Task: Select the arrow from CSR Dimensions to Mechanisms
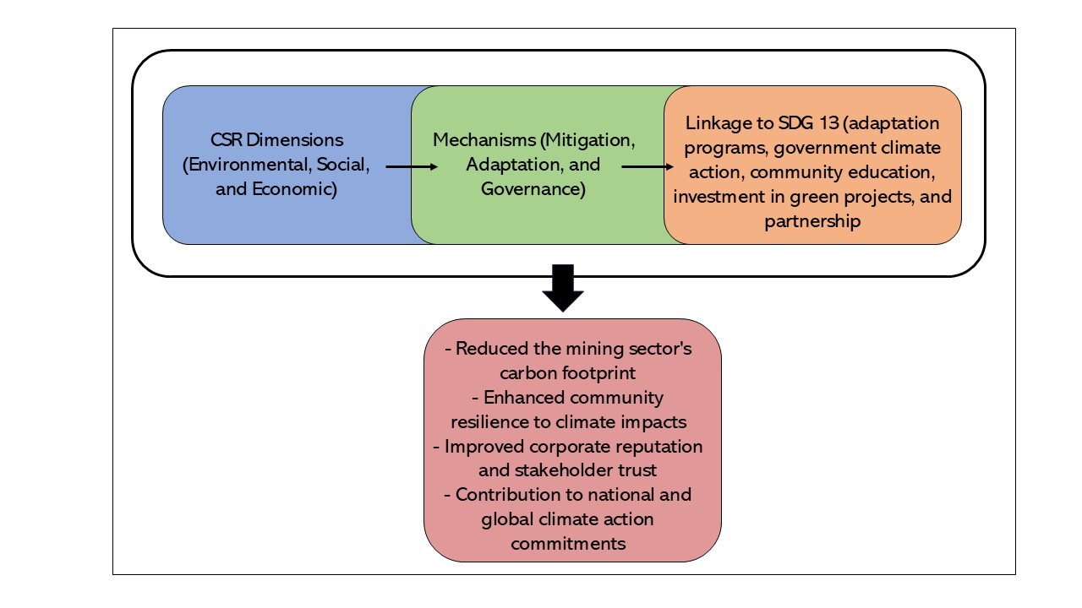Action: tap(412, 167)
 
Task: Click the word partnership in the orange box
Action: tap(812, 221)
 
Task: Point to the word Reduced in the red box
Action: tap(485, 348)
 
